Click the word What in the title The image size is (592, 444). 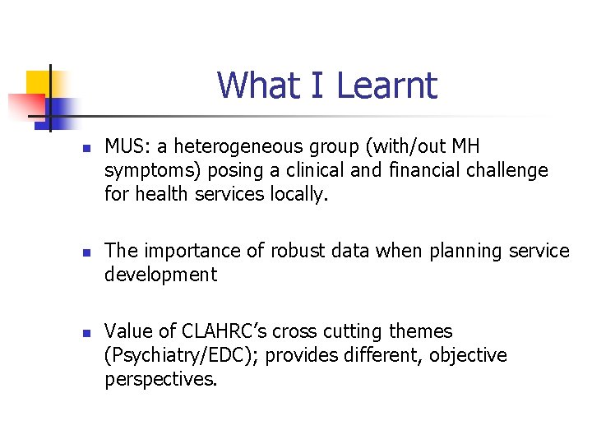click(251, 86)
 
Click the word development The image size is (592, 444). click(160, 275)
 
